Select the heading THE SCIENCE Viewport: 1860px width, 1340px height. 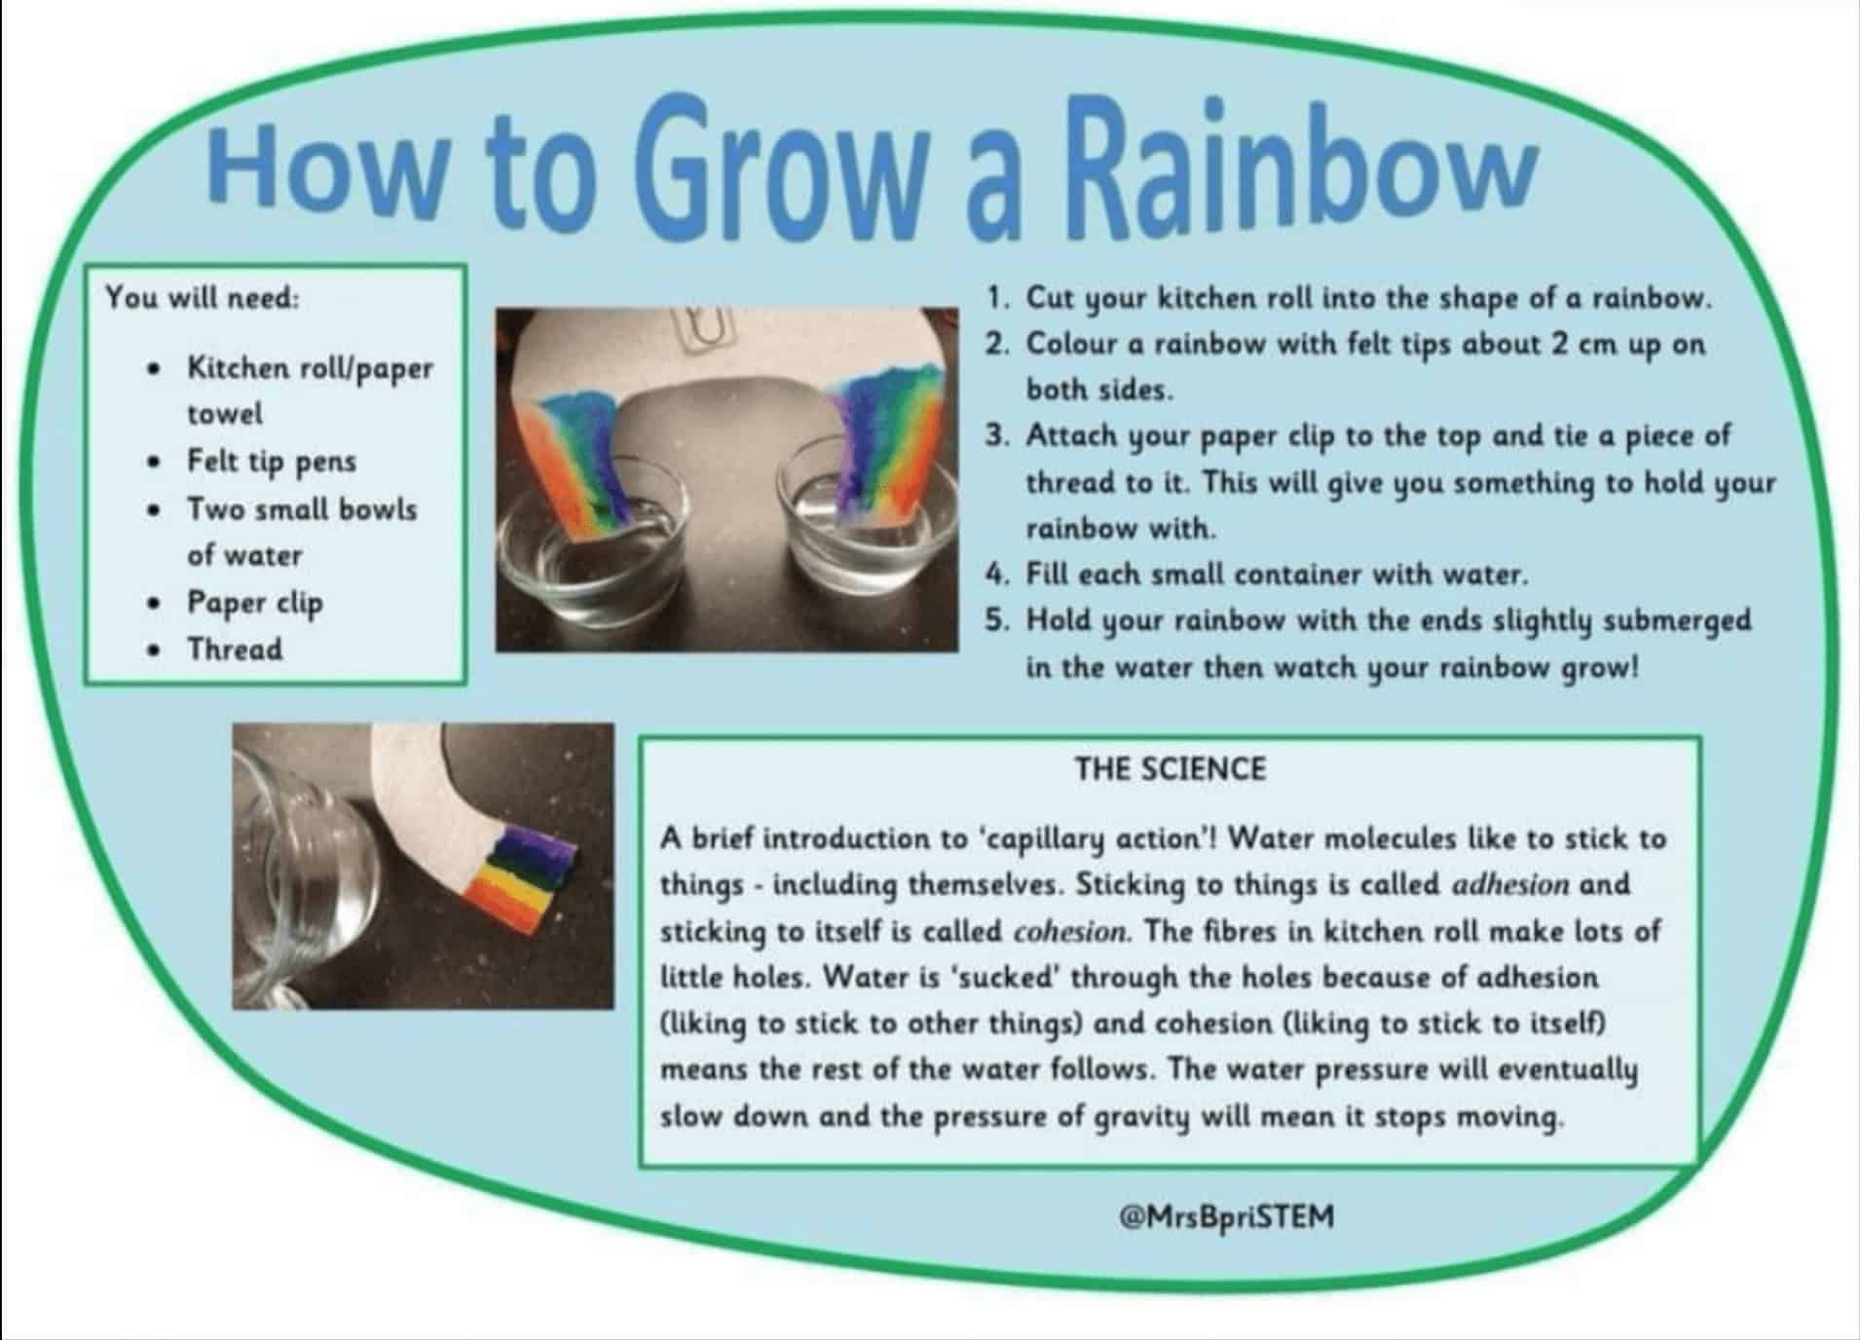point(1170,769)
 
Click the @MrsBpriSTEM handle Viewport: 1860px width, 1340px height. point(1227,1216)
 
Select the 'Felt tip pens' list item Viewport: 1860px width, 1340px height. point(272,462)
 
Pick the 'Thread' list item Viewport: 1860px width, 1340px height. point(235,649)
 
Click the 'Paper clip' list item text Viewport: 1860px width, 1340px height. point(254,604)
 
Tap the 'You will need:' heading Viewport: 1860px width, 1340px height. point(203,297)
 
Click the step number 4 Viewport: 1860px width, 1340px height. point(994,575)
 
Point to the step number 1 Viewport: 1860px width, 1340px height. point(995,298)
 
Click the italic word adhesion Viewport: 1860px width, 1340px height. point(1510,884)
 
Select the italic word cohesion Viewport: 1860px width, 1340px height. point(1072,931)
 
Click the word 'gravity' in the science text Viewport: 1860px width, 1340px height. point(1142,1118)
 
